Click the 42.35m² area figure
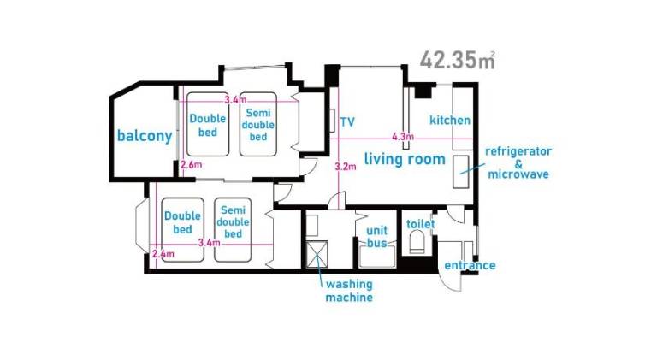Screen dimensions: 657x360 pyautogui.click(x=458, y=60)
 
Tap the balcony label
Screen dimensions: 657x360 pyautogui.click(x=145, y=136)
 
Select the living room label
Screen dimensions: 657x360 pyautogui.click(x=405, y=159)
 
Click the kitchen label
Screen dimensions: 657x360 pyautogui.click(x=450, y=120)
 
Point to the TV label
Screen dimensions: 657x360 pyautogui.click(x=347, y=122)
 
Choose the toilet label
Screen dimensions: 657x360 pyautogui.click(x=420, y=224)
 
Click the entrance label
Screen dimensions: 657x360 pyautogui.click(x=470, y=265)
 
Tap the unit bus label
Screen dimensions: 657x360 pyautogui.click(x=376, y=237)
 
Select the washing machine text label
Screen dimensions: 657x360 pyautogui.click(x=349, y=291)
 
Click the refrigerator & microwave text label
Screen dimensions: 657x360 pyautogui.click(x=518, y=162)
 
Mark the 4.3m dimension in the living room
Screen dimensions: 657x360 pyautogui.click(x=403, y=137)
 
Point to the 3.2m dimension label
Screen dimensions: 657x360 pyautogui.click(x=346, y=167)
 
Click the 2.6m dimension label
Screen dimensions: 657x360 pyautogui.click(x=191, y=164)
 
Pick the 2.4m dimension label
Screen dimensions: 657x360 pyautogui.click(x=163, y=254)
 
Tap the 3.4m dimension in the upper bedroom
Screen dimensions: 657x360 pyautogui.click(x=235, y=100)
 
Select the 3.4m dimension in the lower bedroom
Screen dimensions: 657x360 pyautogui.click(x=209, y=242)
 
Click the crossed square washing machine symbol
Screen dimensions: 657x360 pyautogui.click(x=317, y=254)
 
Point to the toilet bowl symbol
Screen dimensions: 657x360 pyautogui.click(x=417, y=243)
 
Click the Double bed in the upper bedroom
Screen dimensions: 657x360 pyautogui.click(x=208, y=124)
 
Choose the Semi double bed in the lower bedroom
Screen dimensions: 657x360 pyautogui.click(x=233, y=230)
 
